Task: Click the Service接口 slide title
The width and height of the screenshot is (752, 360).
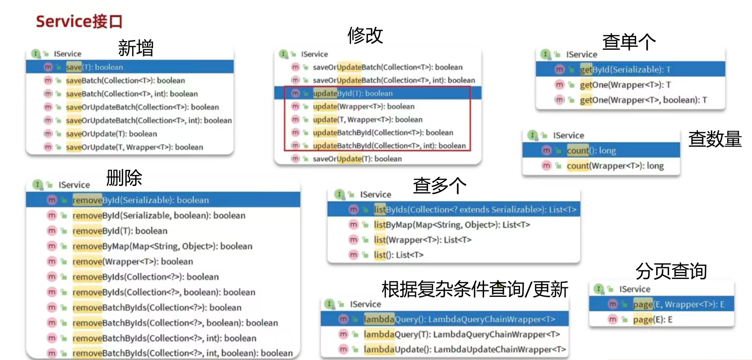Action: click(x=79, y=22)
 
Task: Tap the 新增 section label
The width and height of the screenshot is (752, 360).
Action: click(x=135, y=48)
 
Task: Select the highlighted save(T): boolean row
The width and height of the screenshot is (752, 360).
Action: click(x=94, y=67)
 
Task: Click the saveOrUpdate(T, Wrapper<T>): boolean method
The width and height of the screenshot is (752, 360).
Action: click(x=134, y=147)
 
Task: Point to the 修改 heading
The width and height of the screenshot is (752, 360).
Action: click(x=365, y=35)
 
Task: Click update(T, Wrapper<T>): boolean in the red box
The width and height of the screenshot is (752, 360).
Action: click(x=367, y=119)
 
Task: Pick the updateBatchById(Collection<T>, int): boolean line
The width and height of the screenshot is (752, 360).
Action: click(x=389, y=146)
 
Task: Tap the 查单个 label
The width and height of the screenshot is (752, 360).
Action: click(x=629, y=42)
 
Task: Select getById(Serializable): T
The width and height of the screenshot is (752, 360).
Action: click(x=625, y=70)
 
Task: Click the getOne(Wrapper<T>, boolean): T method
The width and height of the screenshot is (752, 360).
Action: click(x=643, y=100)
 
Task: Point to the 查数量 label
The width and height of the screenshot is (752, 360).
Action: click(x=715, y=139)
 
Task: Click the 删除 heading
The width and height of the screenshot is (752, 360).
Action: click(x=124, y=178)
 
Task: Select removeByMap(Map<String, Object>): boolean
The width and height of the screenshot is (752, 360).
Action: click(x=162, y=246)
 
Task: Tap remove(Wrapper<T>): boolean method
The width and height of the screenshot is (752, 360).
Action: click(x=132, y=262)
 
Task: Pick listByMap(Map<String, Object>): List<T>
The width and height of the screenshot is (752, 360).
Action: click(x=452, y=225)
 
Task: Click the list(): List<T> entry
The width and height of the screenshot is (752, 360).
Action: click(x=399, y=255)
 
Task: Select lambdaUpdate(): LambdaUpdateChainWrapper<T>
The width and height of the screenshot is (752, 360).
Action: click(x=464, y=350)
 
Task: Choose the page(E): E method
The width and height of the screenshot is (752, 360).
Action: click(x=653, y=320)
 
